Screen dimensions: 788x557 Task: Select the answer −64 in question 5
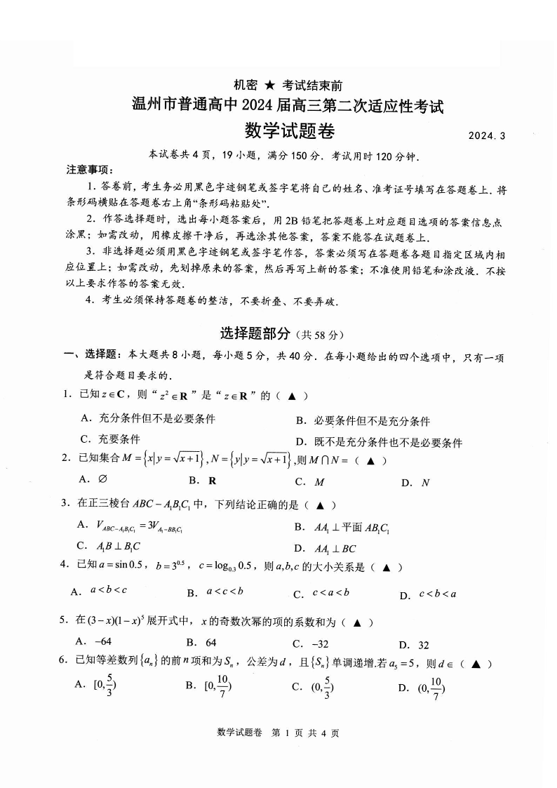pos(94,643)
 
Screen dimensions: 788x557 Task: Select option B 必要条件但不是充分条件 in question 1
pos(362,421)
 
